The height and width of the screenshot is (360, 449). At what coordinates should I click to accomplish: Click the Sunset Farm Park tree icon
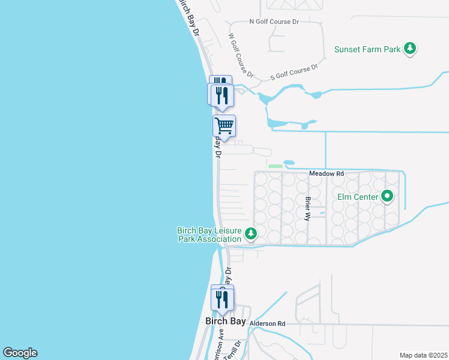click(x=410, y=49)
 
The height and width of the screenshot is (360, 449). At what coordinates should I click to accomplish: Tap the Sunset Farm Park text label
click(x=367, y=49)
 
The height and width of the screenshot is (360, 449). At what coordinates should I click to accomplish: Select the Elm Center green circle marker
click(x=387, y=196)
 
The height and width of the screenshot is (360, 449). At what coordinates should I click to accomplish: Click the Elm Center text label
click(x=358, y=196)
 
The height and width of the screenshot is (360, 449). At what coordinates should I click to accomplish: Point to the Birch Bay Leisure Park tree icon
click(x=252, y=234)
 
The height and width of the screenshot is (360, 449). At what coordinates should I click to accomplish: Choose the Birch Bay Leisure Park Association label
click(x=209, y=235)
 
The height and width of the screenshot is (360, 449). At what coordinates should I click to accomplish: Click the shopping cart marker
click(x=224, y=126)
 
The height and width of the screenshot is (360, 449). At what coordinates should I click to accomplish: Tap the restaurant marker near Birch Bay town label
click(x=222, y=298)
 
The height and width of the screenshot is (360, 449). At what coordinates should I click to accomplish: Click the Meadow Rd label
click(x=327, y=173)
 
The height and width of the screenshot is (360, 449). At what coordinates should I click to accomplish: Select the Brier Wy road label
click(x=308, y=207)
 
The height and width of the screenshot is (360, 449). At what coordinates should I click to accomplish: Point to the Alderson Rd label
click(x=267, y=323)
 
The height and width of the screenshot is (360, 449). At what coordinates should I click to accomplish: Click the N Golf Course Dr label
click(x=274, y=22)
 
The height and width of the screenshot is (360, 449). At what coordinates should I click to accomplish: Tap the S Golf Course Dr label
click(x=294, y=73)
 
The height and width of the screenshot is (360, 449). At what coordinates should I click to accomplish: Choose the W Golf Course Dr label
click(x=241, y=55)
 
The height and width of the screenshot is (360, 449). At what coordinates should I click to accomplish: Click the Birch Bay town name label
click(x=225, y=321)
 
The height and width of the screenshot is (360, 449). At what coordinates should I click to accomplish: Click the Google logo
click(x=20, y=353)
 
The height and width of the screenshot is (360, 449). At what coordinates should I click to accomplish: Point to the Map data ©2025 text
click(x=423, y=355)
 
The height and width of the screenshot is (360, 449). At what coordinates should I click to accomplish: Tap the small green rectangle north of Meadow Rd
click(x=275, y=166)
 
